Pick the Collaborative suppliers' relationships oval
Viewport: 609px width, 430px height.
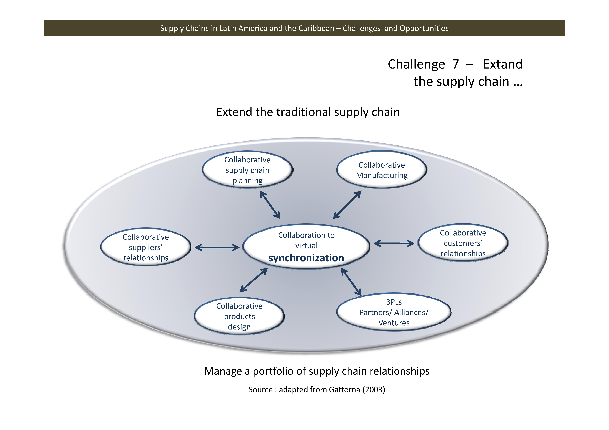(x=146, y=247)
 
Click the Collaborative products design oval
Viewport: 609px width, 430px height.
(x=239, y=316)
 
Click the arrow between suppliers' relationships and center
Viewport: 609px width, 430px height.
(x=217, y=247)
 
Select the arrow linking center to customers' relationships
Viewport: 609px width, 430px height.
(x=394, y=243)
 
